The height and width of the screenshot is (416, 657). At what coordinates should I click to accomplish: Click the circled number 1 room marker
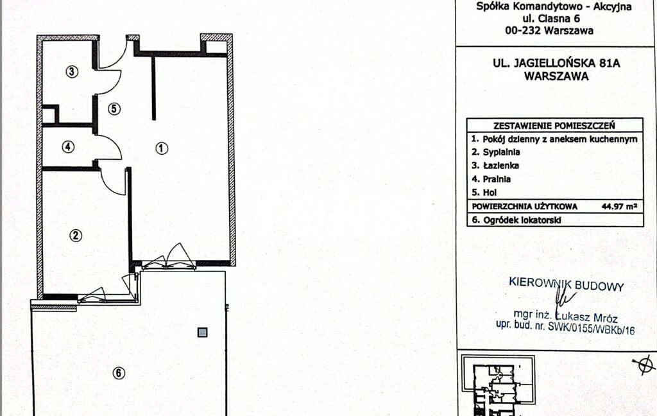(x=162, y=148)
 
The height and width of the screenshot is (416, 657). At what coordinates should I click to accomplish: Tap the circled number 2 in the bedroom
(x=76, y=235)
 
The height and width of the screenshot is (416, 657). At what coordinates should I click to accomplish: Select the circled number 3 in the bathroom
(x=72, y=72)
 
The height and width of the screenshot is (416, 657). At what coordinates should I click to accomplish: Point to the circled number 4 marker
(x=68, y=147)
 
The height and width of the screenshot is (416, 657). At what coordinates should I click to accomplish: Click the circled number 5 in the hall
(x=114, y=109)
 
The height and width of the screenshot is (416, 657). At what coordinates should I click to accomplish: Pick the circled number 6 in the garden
(x=119, y=372)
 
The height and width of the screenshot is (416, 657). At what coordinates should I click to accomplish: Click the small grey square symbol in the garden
(x=202, y=333)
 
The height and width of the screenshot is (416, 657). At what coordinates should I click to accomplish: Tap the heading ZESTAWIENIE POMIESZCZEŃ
(x=554, y=125)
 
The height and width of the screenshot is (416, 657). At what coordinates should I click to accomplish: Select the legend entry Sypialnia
(x=501, y=152)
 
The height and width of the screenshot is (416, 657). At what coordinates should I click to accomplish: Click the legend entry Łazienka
(x=500, y=166)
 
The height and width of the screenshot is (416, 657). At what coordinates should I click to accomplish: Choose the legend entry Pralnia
(x=497, y=179)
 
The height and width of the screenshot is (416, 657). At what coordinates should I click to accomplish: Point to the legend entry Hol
(x=490, y=193)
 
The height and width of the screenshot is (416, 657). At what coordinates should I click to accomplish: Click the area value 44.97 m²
(x=619, y=206)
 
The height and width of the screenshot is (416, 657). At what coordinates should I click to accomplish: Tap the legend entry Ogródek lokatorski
(x=522, y=220)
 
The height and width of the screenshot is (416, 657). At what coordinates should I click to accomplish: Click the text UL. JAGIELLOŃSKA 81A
(x=556, y=64)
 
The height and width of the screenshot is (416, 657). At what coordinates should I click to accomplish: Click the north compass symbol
(x=644, y=364)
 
